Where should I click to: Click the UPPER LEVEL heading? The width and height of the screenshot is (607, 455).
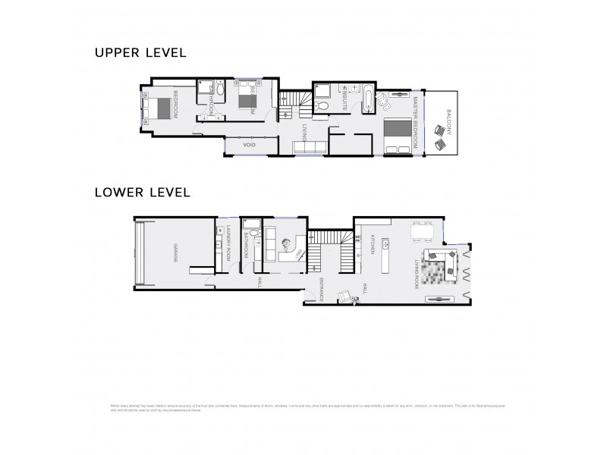click(x=140, y=53)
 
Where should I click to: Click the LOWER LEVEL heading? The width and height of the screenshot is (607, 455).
click(x=141, y=192)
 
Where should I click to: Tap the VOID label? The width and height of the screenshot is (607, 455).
click(x=248, y=144)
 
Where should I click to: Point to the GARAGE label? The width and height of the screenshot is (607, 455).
click(x=175, y=254)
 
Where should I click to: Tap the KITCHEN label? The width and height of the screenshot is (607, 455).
click(x=373, y=244)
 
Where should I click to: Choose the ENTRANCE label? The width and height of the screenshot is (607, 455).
click(x=322, y=288)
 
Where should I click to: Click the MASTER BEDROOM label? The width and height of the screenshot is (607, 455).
click(x=416, y=121)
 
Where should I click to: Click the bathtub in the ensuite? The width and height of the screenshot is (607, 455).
click(x=369, y=99)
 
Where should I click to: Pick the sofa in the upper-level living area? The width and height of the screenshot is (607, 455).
click(x=310, y=147)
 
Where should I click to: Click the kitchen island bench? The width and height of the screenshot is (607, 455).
click(x=386, y=256)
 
